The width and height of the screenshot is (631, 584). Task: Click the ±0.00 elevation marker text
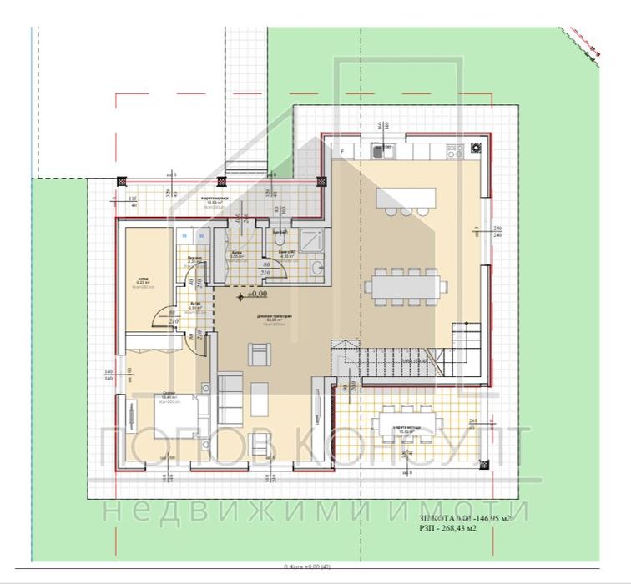tap(255, 295)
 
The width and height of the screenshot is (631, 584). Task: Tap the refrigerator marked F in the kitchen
tap(342, 150)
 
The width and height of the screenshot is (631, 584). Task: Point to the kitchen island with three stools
tap(406, 199)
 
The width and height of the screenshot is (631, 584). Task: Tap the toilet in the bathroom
tap(277, 240)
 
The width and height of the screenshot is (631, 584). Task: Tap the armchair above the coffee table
tap(259, 356)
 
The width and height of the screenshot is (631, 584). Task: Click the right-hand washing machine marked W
tap(200, 236)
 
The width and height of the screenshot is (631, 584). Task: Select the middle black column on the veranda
tap(221, 180)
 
